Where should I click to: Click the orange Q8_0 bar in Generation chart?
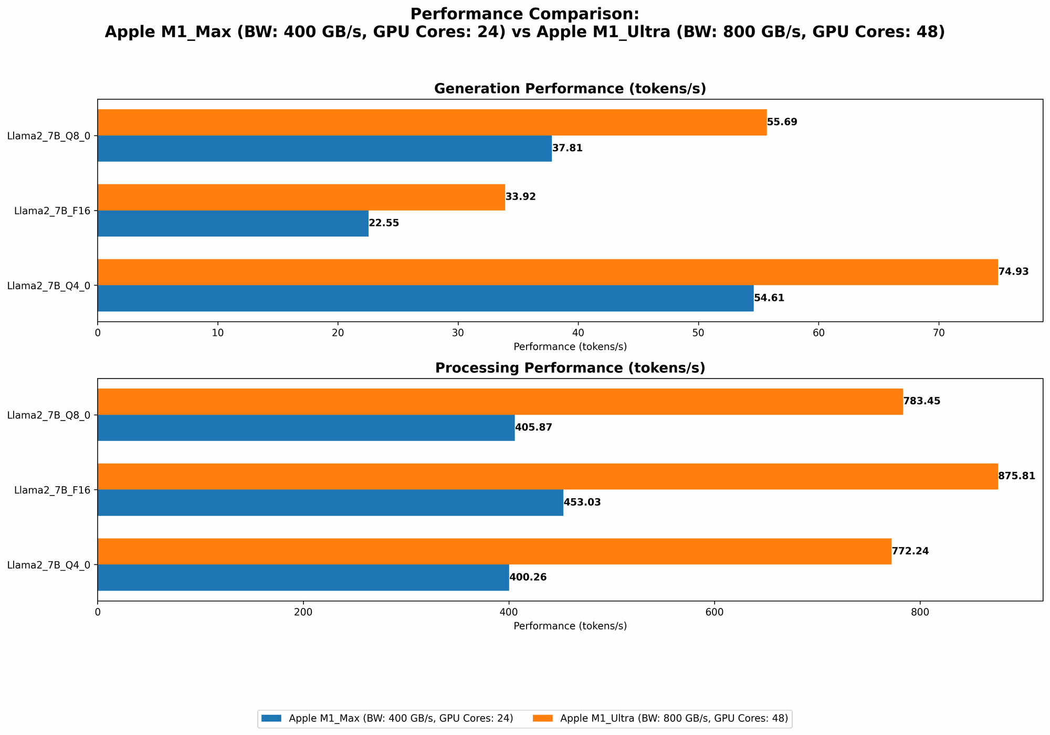(432, 122)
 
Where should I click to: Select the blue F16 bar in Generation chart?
(233, 224)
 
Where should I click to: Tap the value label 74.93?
(1013, 272)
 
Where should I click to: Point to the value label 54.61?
(769, 298)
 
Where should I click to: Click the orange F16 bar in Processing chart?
(547, 477)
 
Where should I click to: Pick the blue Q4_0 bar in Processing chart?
(303, 577)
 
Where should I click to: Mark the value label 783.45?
(921, 401)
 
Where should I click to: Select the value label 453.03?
(582, 502)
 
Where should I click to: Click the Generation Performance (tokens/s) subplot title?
(570, 89)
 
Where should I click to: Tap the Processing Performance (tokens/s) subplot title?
(570, 368)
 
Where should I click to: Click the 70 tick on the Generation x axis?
(939, 333)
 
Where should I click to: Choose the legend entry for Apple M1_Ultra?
(674, 719)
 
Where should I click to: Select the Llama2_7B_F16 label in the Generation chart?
(52, 211)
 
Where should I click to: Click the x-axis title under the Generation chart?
(570, 346)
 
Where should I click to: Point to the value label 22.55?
(384, 223)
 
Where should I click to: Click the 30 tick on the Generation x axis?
(458, 333)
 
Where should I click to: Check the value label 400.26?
(528, 577)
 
